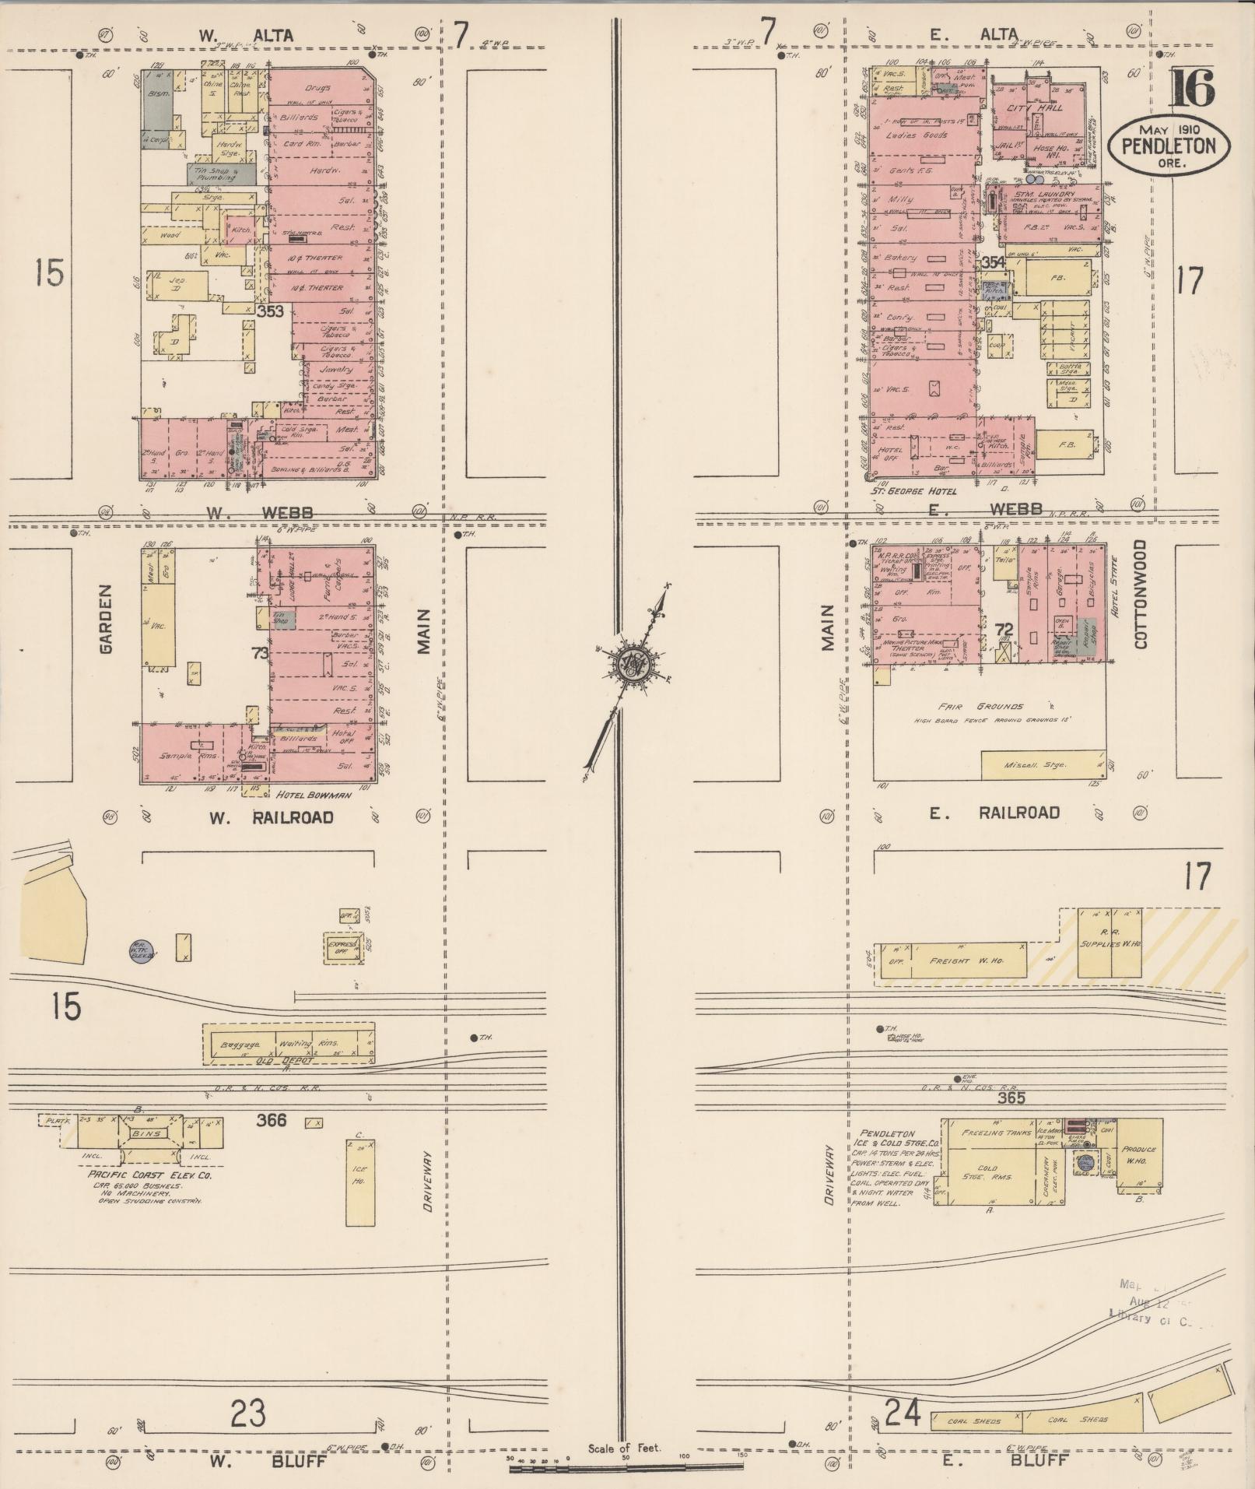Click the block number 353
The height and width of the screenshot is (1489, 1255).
270,311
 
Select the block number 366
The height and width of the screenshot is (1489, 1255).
271,1120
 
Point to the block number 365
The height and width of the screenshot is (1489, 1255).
1011,1098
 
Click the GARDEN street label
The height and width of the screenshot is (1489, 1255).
107,620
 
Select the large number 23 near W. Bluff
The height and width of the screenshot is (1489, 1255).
248,1410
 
